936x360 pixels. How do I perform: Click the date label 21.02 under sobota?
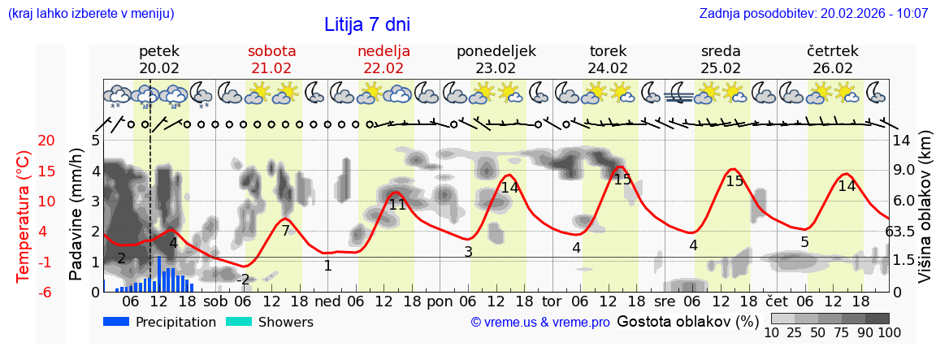pyautogui.click(x=271, y=68)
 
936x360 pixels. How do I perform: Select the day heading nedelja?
pyautogui.click(x=383, y=51)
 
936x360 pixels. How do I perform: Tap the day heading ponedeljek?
pyautogui.click(x=496, y=51)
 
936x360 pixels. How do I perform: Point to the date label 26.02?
pyautogui.click(x=833, y=68)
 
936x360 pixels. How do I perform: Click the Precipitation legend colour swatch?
pyautogui.click(x=116, y=322)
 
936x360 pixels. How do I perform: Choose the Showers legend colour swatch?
pyautogui.click(x=239, y=322)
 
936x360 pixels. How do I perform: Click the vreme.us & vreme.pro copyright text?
pyautogui.click(x=540, y=323)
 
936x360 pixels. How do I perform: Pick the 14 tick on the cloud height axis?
pyautogui.click(x=903, y=141)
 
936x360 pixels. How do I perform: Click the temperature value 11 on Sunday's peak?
pyautogui.click(x=397, y=205)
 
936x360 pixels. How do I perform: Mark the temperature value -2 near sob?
pyautogui.click(x=243, y=280)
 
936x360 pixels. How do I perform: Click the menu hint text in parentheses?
pyautogui.click(x=91, y=14)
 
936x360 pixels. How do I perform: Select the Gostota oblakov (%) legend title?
pyautogui.click(x=685, y=322)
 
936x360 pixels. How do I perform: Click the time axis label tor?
pyautogui.click(x=552, y=300)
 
